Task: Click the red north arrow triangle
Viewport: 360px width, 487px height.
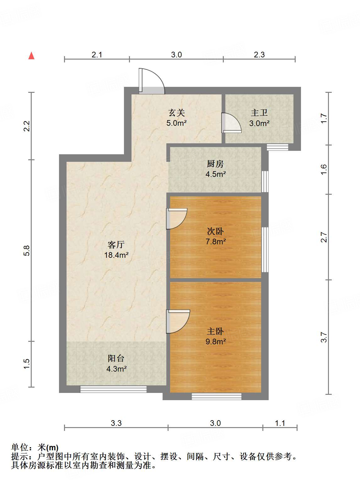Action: click(x=31, y=56)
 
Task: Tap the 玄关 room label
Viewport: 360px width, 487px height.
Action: click(x=176, y=113)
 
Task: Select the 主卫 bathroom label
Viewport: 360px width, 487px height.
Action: click(x=259, y=113)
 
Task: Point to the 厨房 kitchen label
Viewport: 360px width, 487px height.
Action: click(x=215, y=164)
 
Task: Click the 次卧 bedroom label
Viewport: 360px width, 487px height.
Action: click(x=215, y=231)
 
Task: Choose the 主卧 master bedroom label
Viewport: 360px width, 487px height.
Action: click(x=215, y=331)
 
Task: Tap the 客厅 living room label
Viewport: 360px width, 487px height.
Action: click(x=116, y=244)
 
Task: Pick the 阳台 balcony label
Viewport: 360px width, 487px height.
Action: click(x=116, y=358)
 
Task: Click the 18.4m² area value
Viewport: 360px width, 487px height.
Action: click(x=116, y=255)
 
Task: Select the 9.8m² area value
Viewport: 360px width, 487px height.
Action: click(x=216, y=341)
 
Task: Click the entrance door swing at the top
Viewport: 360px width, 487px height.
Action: click(x=152, y=81)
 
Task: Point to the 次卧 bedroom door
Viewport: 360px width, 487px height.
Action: click(x=176, y=219)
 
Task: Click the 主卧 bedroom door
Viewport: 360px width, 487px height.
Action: click(x=178, y=321)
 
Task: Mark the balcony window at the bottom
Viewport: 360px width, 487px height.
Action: click(x=113, y=389)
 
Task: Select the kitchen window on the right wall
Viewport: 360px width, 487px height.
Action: click(x=265, y=182)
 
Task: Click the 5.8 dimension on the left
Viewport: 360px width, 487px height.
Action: click(x=27, y=251)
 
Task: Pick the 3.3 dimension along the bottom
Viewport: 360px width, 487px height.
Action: click(x=116, y=423)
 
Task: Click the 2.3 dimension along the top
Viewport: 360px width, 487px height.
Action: click(x=259, y=55)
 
